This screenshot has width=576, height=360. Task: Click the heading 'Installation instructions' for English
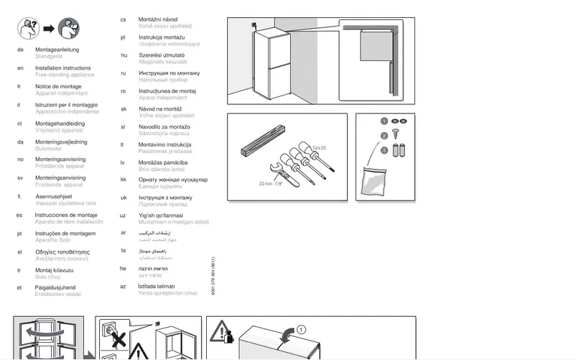[x=62, y=68]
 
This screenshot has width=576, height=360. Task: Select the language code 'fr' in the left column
[x=19, y=86]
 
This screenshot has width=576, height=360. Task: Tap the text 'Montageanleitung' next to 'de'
[x=55, y=49]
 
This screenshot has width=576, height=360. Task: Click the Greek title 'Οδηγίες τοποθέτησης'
[x=62, y=251]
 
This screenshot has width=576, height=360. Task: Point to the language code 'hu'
[x=124, y=55]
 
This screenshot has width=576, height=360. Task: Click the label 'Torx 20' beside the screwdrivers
[x=318, y=147]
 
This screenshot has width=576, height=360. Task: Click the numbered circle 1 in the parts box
[x=384, y=121]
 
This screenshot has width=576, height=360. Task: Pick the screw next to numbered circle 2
[x=396, y=135]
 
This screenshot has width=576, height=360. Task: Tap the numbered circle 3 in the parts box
[x=384, y=150]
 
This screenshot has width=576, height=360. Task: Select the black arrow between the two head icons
[x=48, y=29]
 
